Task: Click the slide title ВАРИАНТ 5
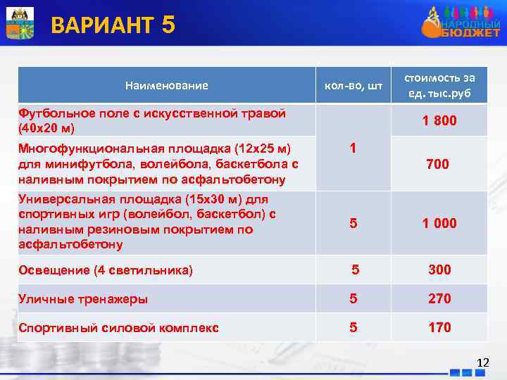tap(113, 25)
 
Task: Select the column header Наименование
tap(166, 86)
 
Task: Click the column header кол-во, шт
tap(353, 86)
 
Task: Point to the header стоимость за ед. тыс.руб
tap(439, 85)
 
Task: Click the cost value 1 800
tap(439, 121)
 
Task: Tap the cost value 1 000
tap(439, 223)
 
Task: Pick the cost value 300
tap(439, 270)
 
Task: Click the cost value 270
tap(439, 298)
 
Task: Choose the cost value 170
tap(439, 327)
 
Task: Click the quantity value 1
tap(353, 148)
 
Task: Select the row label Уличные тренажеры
tap(83, 299)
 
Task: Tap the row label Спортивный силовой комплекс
tap(118, 328)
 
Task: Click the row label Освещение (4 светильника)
tap(106, 270)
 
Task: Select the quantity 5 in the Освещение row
tap(355, 270)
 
